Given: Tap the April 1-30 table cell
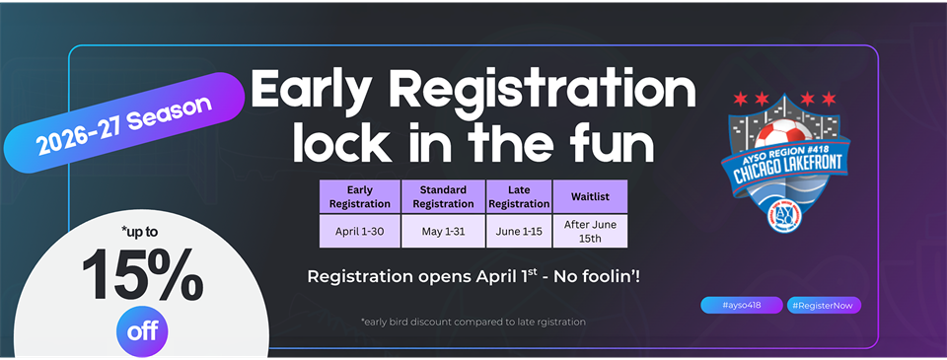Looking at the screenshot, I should click(359, 231).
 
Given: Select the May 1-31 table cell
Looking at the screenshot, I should click(443, 231).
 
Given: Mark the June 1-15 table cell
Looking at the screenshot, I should click(519, 231).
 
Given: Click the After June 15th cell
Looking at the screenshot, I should click(590, 231).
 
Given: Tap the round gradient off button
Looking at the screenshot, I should click(143, 330).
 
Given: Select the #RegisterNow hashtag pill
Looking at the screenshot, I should click(825, 305).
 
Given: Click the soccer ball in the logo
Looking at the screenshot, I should click(790, 134).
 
